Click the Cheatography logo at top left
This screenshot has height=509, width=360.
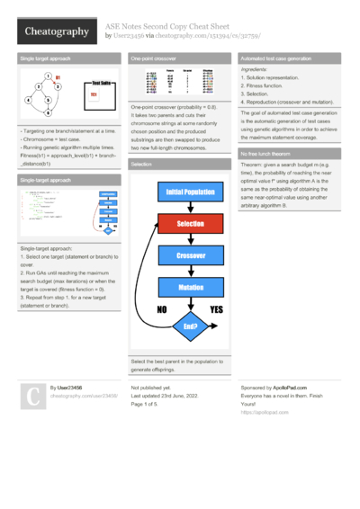tap(55, 31)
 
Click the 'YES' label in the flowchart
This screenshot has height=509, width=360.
tap(217, 308)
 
